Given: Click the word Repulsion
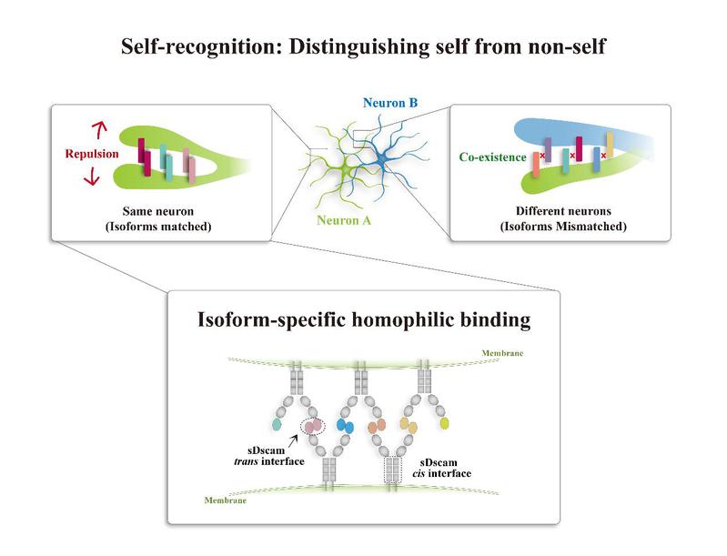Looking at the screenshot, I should (92, 155).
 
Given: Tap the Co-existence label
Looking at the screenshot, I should (494, 157).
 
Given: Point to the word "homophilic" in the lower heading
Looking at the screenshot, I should (392, 321).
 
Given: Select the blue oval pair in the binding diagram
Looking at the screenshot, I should (345, 425).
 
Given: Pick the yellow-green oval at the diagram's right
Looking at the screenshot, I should (444, 424).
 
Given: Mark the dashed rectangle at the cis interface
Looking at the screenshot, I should (392, 469).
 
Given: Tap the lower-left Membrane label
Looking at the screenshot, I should (227, 500).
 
